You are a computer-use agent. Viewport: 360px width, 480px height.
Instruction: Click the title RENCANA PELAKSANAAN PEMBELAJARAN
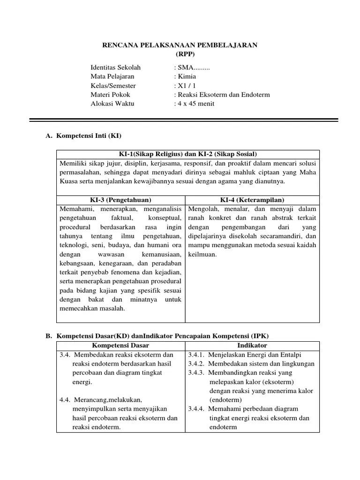180,45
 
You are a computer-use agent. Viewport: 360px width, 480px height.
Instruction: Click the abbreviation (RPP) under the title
180,53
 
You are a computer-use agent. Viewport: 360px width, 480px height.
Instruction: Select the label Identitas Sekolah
115,67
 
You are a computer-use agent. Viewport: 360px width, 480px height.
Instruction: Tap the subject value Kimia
186,76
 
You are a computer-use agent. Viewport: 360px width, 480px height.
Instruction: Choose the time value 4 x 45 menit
195,104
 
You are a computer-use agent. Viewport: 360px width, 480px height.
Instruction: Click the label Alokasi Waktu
112,104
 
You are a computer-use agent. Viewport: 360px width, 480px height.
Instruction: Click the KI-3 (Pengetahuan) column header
121,200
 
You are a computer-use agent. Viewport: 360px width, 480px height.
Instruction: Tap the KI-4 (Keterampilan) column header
252,200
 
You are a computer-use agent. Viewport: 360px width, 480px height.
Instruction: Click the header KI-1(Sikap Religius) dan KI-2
187,155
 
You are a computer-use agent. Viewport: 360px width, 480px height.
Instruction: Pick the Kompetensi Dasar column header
121,345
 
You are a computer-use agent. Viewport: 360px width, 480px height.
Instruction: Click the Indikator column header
252,345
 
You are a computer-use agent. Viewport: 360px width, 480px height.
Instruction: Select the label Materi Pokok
111,95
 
